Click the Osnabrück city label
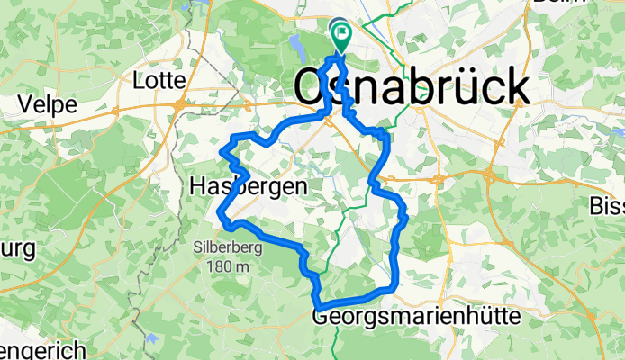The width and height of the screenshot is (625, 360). [x=412, y=88]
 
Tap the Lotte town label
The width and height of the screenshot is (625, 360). [x=158, y=81]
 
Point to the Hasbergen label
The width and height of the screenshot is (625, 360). [x=249, y=186]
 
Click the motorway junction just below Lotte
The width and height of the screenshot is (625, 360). [x=179, y=105]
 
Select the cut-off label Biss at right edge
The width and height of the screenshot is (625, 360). [x=608, y=207]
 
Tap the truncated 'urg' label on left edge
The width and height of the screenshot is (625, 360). [x=17, y=247]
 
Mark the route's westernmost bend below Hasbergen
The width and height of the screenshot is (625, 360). [x=220, y=212]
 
